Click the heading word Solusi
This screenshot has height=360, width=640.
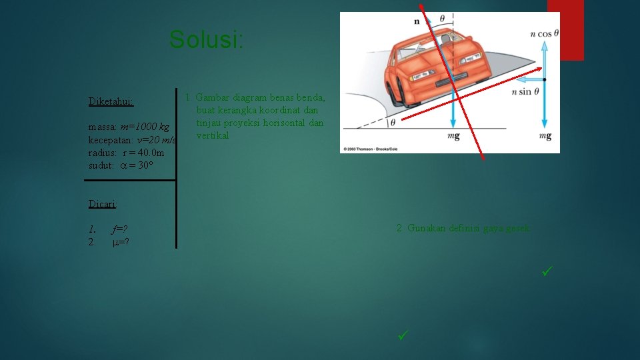coord(207,40)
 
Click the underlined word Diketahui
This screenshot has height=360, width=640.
coord(111,102)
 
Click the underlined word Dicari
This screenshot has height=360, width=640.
coord(103,204)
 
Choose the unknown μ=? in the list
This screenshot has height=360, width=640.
coord(120,242)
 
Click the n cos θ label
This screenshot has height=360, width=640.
coord(545,33)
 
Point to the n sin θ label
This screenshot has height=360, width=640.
coord(525,92)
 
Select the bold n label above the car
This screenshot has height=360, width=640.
coord(417,21)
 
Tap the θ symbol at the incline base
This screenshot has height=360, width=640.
coord(392,123)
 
